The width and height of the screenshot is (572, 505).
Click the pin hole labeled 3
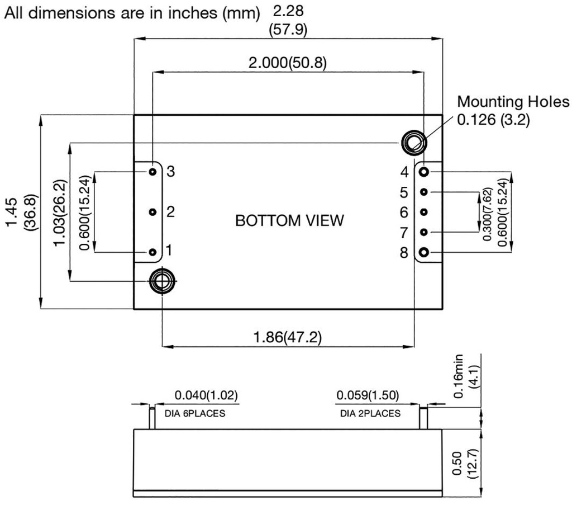pyautogui.click(x=152, y=171)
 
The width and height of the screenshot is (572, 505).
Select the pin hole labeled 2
pyautogui.click(x=152, y=212)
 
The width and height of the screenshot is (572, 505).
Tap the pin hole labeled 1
pyautogui.click(x=152, y=252)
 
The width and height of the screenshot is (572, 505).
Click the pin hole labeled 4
pyautogui.click(x=424, y=171)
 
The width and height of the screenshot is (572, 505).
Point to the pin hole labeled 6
pyautogui.click(x=424, y=212)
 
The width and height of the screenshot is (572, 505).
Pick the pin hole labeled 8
pyautogui.click(x=424, y=253)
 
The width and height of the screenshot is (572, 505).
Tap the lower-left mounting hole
pyautogui.click(x=162, y=281)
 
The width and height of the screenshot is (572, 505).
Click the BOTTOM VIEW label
pyautogui.click(x=289, y=220)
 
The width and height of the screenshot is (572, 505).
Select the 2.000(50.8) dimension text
pyautogui.click(x=288, y=63)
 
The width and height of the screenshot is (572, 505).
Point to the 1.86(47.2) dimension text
pyautogui.click(x=288, y=337)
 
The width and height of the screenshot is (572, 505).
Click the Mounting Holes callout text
pyautogui.click(x=513, y=102)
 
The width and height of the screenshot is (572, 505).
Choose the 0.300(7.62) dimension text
pyautogui.click(x=488, y=214)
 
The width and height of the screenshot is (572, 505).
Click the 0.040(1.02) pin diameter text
pyautogui.click(x=206, y=396)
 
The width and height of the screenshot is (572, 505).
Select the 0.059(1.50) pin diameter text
pyautogui.click(x=367, y=396)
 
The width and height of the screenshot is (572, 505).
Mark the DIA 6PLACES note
pyautogui.click(x=195, y=414)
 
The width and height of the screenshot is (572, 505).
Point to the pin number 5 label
pyautogui.click(x=404, y=192)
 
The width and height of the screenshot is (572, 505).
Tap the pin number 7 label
pyautogui.click(x=404, y=232)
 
